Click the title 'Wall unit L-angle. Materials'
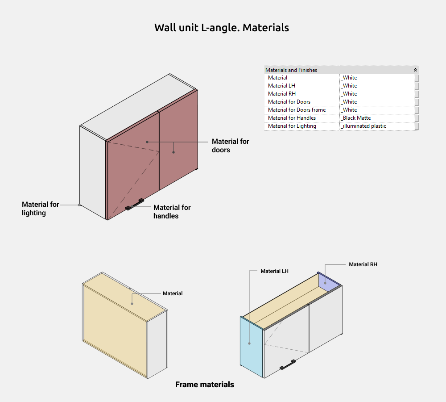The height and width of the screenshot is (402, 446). click(x=222, y=28)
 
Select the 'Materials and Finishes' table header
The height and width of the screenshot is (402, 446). click(x=291, y=70)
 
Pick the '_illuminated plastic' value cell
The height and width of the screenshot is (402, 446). click(x=363, y=126)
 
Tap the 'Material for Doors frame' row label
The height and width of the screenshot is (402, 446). click(x=297, y=110)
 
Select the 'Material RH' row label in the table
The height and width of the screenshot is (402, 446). click(x=281, y=94)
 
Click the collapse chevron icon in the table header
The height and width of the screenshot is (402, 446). click(x=416, y=70)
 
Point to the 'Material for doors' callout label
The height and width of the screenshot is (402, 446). click(x=230, y=146)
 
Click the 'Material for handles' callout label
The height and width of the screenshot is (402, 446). click(x=172, y=212)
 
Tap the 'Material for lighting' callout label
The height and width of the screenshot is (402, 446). click(x=40, y=209)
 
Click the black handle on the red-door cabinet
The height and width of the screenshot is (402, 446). click(x=135, y=204)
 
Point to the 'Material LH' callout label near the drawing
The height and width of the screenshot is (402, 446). click(x=274, y=271)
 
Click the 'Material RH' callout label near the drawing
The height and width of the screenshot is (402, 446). click(x=363, y=264)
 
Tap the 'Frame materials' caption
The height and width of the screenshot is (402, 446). click(x=204, y=385)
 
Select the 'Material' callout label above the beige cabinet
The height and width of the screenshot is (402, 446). click(x=173, y=293)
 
